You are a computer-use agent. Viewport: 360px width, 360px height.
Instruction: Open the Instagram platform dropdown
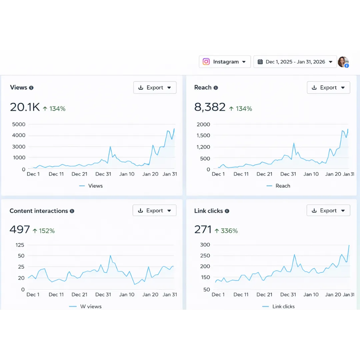225,62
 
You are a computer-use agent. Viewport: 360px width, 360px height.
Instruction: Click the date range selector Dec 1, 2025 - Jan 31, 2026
295,62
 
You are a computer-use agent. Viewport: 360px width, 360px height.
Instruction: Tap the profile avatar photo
343,62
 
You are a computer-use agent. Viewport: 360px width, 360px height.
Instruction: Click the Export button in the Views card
155,88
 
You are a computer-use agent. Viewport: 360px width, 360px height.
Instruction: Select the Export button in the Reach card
328,88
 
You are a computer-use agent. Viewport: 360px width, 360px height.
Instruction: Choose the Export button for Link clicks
328,211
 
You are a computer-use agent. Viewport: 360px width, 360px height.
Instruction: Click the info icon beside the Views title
31,88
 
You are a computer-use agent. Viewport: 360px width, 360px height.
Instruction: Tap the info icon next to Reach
216,88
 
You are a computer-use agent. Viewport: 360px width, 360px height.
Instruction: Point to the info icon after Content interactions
72,211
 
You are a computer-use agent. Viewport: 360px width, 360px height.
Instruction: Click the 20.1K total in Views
25,107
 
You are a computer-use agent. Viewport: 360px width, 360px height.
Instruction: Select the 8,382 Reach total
210,107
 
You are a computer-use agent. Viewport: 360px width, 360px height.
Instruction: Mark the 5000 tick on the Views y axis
19,124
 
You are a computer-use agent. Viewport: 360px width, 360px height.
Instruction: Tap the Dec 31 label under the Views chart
103,174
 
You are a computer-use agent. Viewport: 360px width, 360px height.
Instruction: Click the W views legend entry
91,306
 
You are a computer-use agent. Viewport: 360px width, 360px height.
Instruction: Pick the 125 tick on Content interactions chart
20,245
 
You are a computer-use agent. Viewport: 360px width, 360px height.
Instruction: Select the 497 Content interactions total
20,230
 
